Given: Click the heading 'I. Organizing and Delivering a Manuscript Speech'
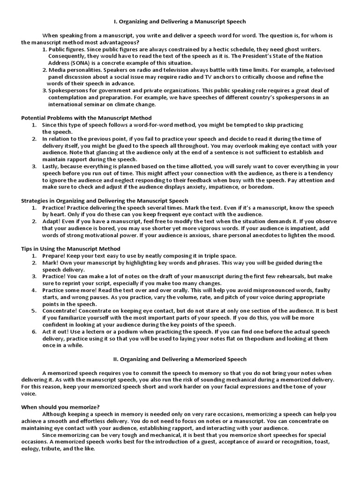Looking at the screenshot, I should [x=180, y=22].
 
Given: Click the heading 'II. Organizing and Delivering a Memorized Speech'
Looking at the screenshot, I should [x=180, y=359].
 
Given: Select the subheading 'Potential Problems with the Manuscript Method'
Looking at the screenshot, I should [x=86, y=118].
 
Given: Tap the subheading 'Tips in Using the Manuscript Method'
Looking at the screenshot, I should [x=71, y=248].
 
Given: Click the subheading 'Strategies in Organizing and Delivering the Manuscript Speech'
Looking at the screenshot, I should [x=105, y=201].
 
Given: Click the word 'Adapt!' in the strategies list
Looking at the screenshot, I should [x=52, y=221].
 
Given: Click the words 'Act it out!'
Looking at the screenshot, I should [x=57, y=331].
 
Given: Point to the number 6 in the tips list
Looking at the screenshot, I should [x=34, y=331].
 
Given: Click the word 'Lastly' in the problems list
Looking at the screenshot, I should [x=51, y=166].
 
